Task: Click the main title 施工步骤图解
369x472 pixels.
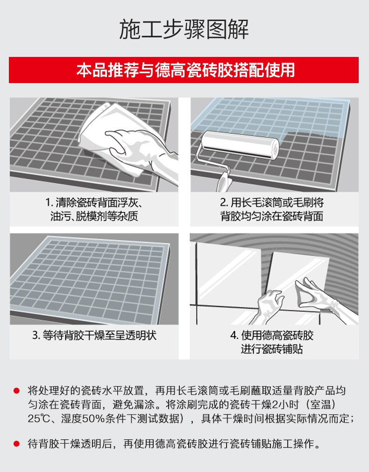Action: [184, 29]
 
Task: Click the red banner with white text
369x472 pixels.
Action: [184, 70]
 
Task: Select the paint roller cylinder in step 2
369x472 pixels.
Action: [241, 144]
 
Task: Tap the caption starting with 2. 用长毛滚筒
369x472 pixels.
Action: [272, 209]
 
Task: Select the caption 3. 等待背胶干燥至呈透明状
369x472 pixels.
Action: [94, 335]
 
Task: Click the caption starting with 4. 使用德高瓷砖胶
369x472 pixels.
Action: [272, 342]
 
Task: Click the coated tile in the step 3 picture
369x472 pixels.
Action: [90, 278]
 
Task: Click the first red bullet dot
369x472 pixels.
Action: [16, 391]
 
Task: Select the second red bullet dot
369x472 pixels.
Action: [16, 444]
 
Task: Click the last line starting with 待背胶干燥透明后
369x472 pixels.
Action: [174, 444]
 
